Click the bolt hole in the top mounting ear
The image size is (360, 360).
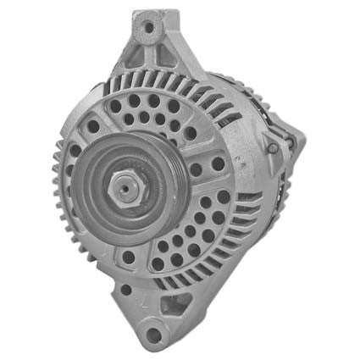tap(150, 28)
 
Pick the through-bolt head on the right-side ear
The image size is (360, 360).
tap(273, 148)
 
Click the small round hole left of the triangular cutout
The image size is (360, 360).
tap(126, 290)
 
